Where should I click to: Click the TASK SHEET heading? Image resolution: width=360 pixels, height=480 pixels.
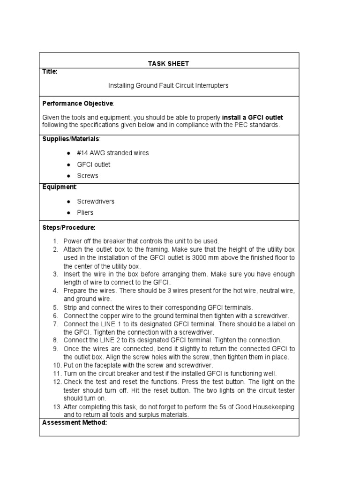tap(169, 63)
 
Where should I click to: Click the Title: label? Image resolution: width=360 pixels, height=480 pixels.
tap(50, 72)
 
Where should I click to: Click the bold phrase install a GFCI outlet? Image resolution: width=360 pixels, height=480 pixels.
tap(252, 117)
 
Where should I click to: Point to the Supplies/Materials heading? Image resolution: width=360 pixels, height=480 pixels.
tap(71, 139)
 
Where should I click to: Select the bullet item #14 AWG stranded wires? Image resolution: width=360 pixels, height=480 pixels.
tap(113, 153)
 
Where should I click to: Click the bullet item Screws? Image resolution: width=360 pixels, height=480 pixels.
tap(88, 176)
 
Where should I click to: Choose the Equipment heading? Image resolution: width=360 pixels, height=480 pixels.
tap(59, 187)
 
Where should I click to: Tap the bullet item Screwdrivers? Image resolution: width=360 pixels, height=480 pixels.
tap(96, 201)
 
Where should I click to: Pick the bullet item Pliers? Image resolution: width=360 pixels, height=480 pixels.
tap(85, 212)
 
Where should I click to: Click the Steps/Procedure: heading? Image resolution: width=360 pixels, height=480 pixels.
tap(69, 227)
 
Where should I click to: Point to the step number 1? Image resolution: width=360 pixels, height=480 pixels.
tap(55, 241)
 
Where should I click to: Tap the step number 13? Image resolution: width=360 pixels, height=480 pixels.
tap(57, 407)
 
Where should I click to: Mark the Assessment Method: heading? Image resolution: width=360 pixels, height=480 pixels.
tap(75, 423)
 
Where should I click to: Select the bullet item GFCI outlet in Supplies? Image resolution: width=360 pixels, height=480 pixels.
tap(94, 165)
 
